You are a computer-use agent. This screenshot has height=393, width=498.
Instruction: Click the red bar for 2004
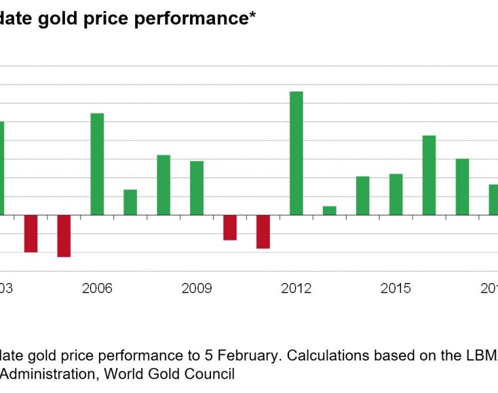coord(31,233)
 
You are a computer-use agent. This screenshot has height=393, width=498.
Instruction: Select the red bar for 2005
coord(64,236)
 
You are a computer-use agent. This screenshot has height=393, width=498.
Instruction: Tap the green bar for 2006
coord(97,164)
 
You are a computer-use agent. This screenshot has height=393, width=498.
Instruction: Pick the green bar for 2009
coord(197,188)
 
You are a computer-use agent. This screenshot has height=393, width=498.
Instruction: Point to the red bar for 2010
coord(230,227)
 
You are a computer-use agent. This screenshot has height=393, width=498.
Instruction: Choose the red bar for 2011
coord(263,231)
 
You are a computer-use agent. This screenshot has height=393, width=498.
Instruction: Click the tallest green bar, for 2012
coord(296,153)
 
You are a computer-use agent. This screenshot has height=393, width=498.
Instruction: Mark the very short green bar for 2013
coord(330,210)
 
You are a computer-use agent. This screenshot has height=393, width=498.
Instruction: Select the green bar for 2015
coord(396,194)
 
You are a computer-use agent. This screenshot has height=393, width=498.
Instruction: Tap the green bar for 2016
coord(429,175)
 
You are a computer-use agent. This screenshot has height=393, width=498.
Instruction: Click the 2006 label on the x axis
coord(97,289)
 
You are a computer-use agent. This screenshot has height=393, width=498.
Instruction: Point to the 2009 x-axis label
coord(197,289)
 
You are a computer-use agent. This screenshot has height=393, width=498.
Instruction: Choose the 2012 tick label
coord(296,289)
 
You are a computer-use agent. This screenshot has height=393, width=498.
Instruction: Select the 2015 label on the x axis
coord(396,289)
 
